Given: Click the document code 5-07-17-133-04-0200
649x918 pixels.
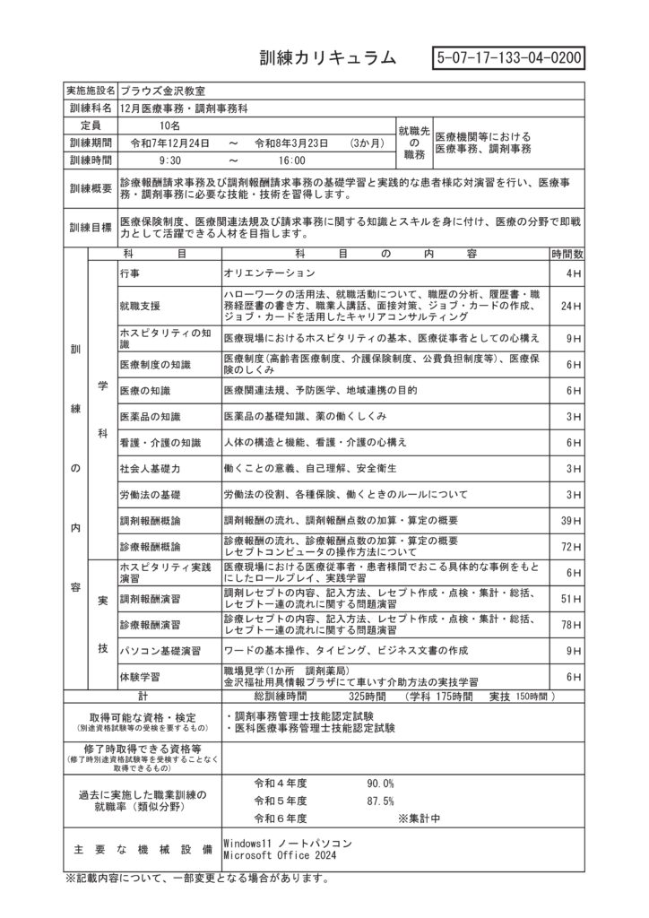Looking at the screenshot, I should (508, 57).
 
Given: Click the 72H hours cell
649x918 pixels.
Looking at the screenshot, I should (567, 546).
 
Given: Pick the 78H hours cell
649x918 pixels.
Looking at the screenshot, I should (567, 624).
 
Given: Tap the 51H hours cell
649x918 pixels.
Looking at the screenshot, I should (567, 598).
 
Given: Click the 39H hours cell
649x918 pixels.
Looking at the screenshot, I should (567, 520).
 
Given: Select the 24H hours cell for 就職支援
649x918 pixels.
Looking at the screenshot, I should (567, 307).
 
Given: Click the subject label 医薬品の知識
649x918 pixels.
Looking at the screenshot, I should (151, 417).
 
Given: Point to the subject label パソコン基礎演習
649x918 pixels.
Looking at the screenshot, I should (160, 650).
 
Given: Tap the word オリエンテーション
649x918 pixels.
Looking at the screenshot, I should (270, 272).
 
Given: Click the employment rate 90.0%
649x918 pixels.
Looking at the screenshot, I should (380, 784).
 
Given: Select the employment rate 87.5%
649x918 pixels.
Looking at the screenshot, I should (380, 801).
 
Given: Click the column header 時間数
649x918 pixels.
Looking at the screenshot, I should (567, 254).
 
